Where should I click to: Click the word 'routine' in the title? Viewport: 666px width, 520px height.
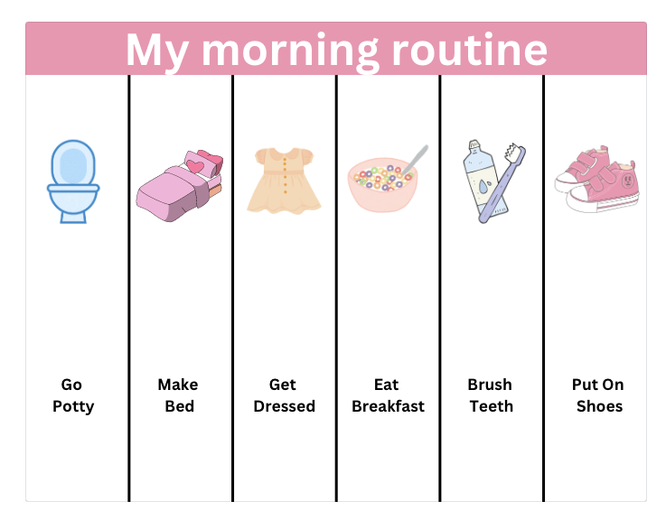pos(469,50)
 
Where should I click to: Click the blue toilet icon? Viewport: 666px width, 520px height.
pos(72,181)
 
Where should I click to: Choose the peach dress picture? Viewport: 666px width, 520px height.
pos(284,181)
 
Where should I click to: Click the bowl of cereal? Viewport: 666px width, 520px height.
pos(382,184)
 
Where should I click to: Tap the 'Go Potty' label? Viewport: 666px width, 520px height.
pos(72,395)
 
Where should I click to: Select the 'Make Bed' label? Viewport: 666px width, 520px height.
pos(178,395)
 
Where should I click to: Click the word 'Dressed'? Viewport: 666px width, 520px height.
pos(284,406)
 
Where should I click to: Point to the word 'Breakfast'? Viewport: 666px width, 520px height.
pos(388,406)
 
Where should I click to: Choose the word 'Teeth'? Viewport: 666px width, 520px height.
pos(491,406)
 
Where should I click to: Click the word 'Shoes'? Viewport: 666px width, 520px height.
pos(598,406)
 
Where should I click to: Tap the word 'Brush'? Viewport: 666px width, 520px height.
pos(490,385)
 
